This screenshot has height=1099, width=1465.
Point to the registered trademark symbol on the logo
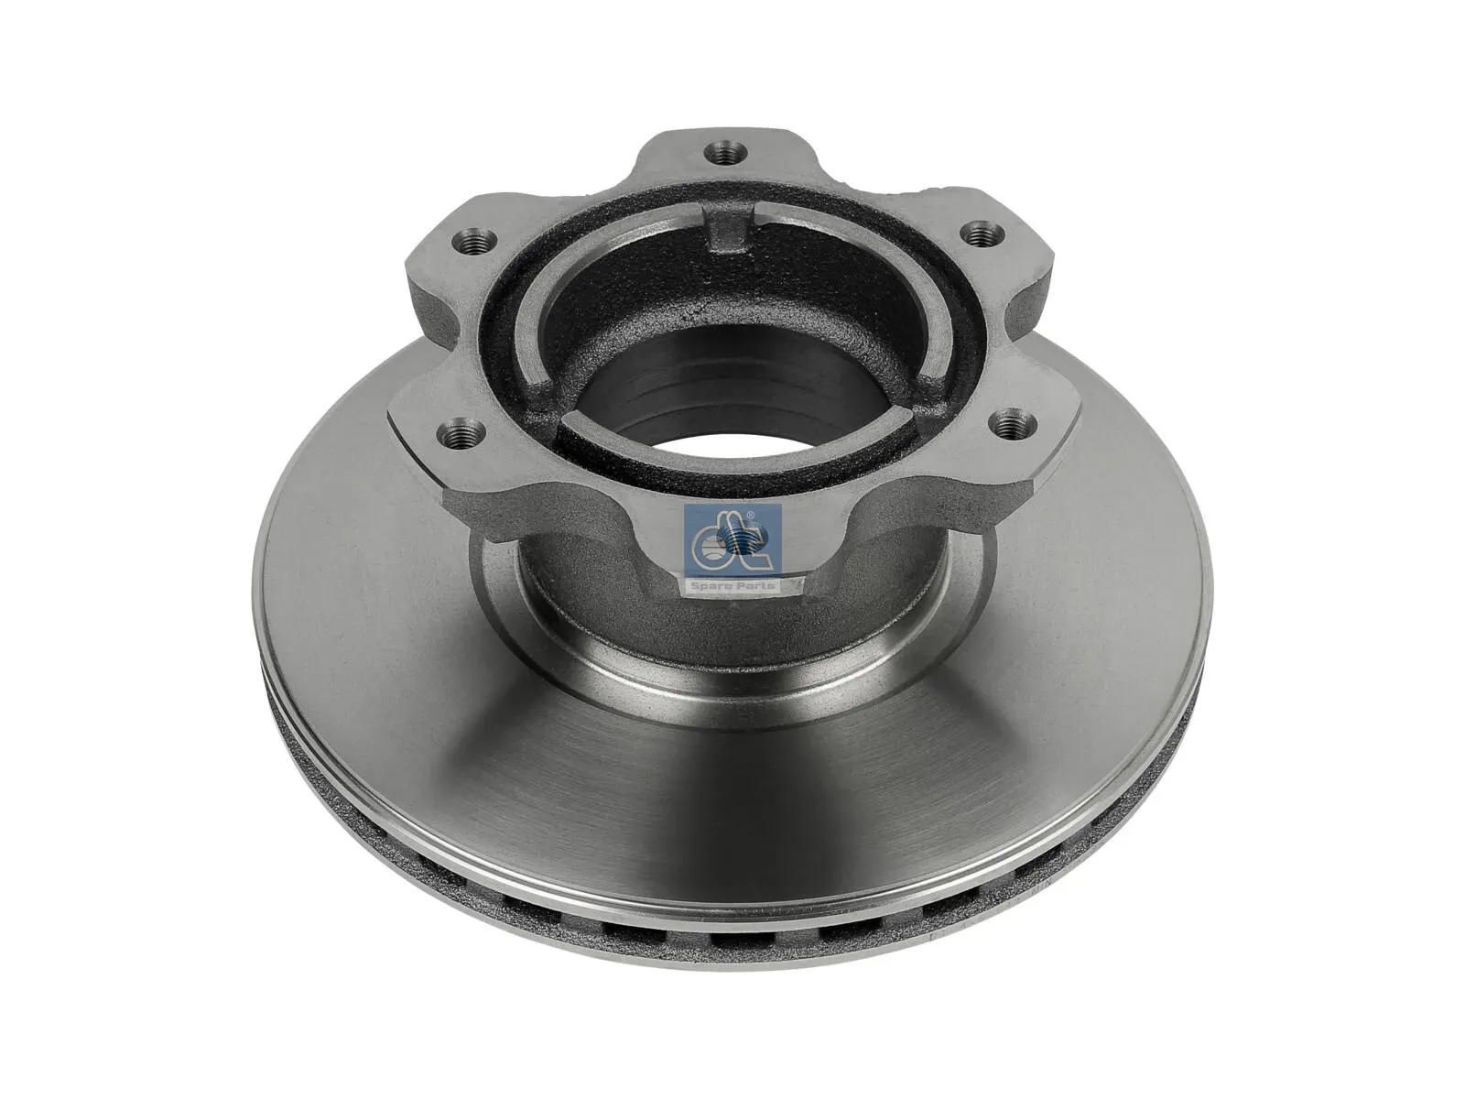coord(750,516)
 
